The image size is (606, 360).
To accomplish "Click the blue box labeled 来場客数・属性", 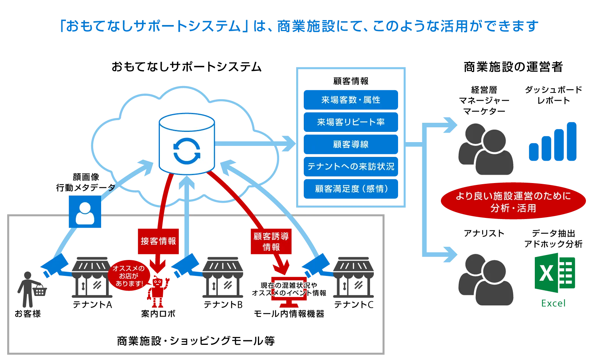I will tap(351, 100).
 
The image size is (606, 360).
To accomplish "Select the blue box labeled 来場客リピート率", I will tap(351, 122).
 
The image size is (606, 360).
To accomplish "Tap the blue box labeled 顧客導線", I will tap(351, 144).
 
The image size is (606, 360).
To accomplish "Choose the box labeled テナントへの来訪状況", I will tap(351, 166).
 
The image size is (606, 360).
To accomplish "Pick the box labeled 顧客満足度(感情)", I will tap(351, 189).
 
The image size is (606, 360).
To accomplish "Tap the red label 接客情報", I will tap(158, 241).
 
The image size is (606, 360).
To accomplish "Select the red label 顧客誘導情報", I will tap(271, 241).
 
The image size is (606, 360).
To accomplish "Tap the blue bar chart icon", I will tap(553, 142).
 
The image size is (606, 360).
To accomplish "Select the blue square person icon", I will tap(85, 212).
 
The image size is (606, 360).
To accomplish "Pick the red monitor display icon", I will tap(289, 299).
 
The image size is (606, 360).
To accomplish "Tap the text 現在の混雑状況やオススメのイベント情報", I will tap(289, 289).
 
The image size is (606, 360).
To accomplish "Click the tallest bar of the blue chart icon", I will tap(572, 141).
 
